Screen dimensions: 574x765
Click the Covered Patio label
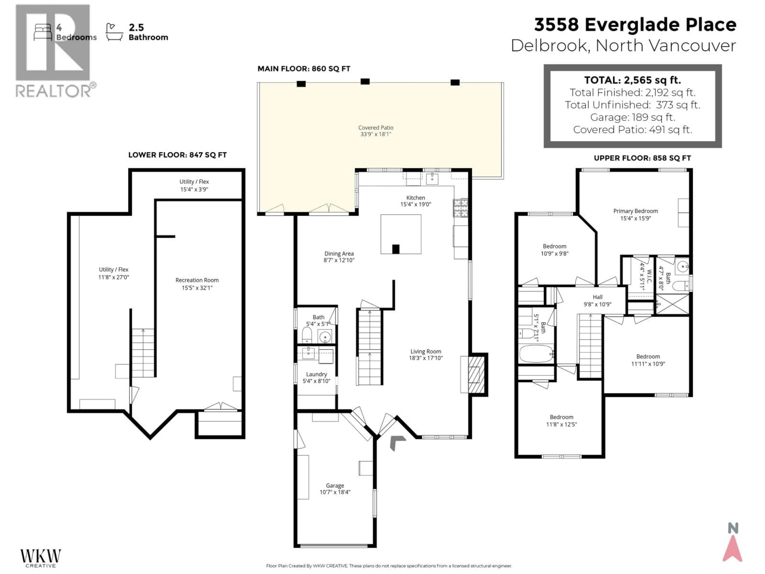[x=376, y=128]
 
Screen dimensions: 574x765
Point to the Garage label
[x=335, y=486]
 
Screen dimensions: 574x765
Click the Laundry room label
[x=316, y=374]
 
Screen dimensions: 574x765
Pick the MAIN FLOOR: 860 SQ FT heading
[x=304, y=69]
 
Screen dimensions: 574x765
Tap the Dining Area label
[x=339, y=253]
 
